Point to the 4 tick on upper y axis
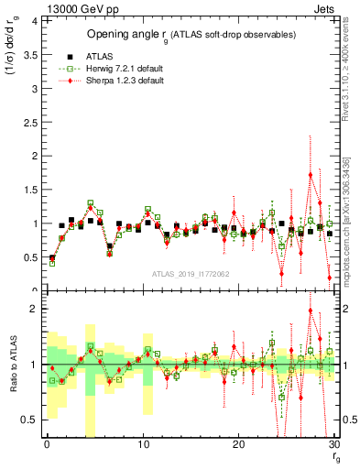[35, 19]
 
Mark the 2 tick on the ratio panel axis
[35, 309]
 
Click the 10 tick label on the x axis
[143, 444]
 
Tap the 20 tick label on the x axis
[239, 444]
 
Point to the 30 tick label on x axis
[334, 444]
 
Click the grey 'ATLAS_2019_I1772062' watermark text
[191, 272]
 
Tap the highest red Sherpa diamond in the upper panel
[311, 174]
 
